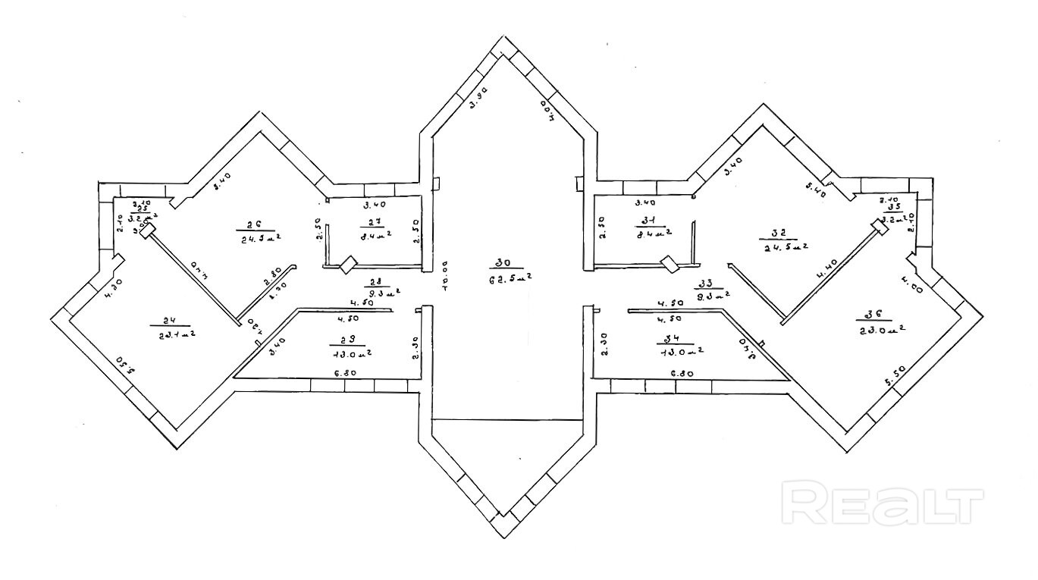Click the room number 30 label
(502, 263)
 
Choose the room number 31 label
(648, 221)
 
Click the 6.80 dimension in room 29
(347, 373)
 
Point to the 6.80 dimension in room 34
(682, 373)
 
